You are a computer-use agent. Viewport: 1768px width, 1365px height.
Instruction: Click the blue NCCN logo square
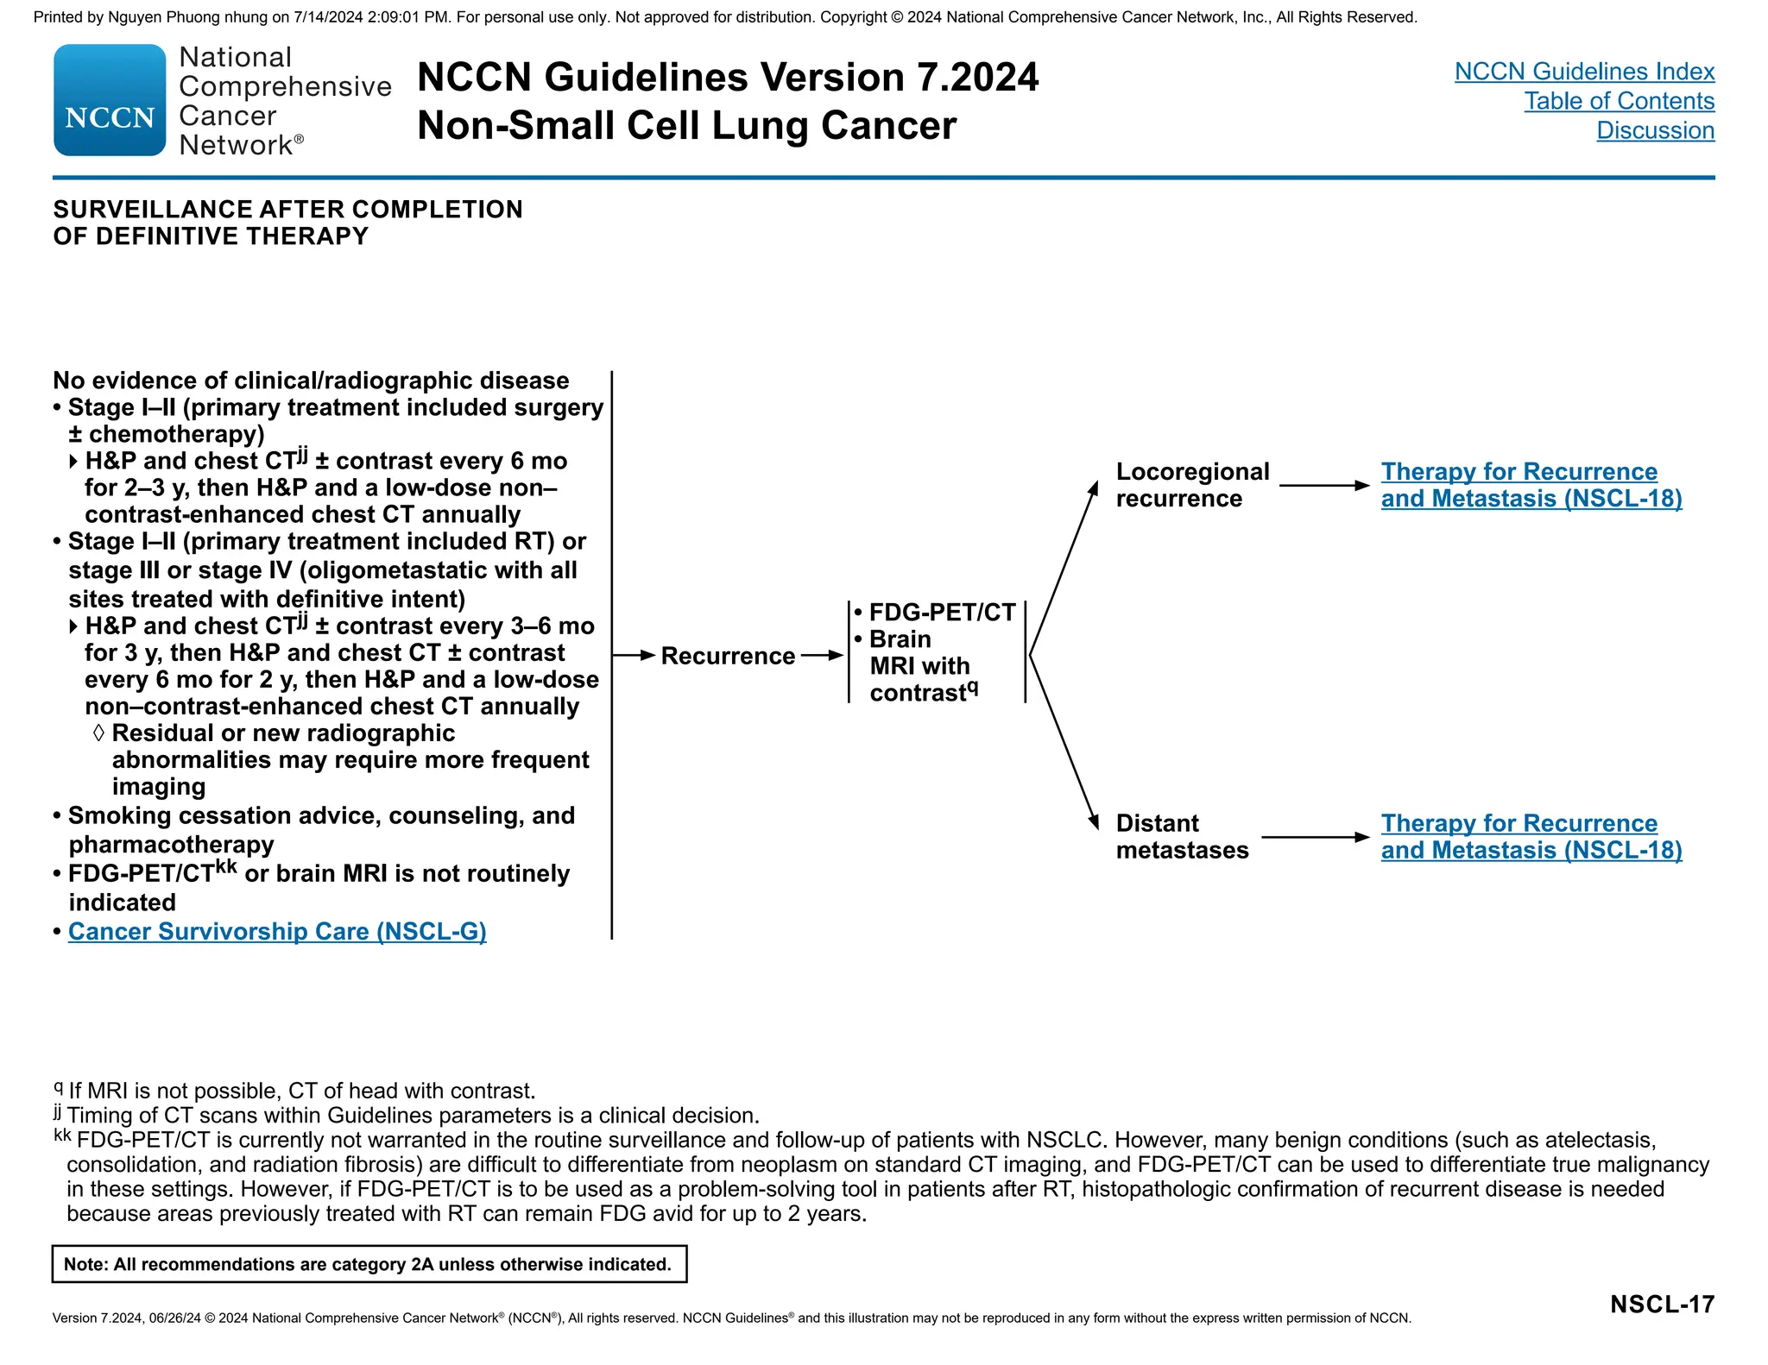pos(110,100)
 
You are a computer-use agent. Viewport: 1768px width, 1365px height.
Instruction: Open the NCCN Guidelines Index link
pos(1584,72)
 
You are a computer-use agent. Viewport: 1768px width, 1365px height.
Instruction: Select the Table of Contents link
pos(1619,101)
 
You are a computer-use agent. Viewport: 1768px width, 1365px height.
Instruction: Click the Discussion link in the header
pos(1655,130)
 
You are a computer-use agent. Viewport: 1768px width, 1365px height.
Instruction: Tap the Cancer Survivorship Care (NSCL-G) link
pos(277,932)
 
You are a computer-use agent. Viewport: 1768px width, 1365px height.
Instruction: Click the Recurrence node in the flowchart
pos(728,657)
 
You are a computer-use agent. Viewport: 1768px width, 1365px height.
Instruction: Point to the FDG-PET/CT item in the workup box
pos(942,613)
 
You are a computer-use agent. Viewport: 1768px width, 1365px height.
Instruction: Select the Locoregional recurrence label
pos(1192,485)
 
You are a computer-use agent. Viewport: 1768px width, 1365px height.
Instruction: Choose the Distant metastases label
pos(1182,837)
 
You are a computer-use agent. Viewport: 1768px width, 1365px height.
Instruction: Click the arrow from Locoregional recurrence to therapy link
pos(1323,486)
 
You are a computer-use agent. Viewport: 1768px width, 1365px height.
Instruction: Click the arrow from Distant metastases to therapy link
pos(1315,837)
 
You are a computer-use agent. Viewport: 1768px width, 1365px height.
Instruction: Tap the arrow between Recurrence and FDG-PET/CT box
pos(821,656)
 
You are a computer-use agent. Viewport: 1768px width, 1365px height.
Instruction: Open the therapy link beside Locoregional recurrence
pos(1531,485)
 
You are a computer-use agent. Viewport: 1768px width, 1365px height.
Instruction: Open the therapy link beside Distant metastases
pos(1531,837)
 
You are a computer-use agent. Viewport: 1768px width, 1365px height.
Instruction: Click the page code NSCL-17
pos(1662,1305)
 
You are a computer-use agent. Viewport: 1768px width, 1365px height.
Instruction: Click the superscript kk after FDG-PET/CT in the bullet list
pos(226,866)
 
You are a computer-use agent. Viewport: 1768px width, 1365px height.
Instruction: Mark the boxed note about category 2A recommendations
pos(369,1265)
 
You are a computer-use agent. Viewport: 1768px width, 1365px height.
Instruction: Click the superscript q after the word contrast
pos(972,688)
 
